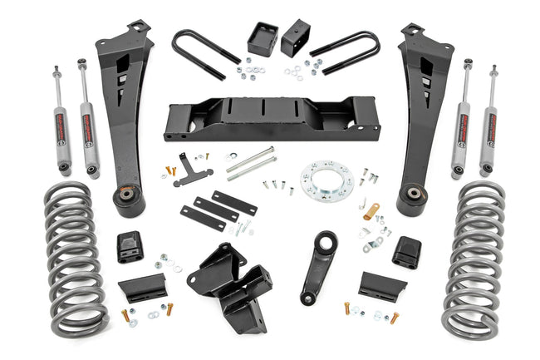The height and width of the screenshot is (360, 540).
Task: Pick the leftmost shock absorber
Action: pos(62,121)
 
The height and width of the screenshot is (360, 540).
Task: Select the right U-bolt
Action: pos(344,52)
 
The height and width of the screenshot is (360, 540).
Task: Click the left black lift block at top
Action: pos(260,39)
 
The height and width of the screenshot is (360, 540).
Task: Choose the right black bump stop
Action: pos(405,250)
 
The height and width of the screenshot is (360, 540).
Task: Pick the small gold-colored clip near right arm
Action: pos(371,211)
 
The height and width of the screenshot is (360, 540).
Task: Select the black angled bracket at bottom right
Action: pos(381,286)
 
